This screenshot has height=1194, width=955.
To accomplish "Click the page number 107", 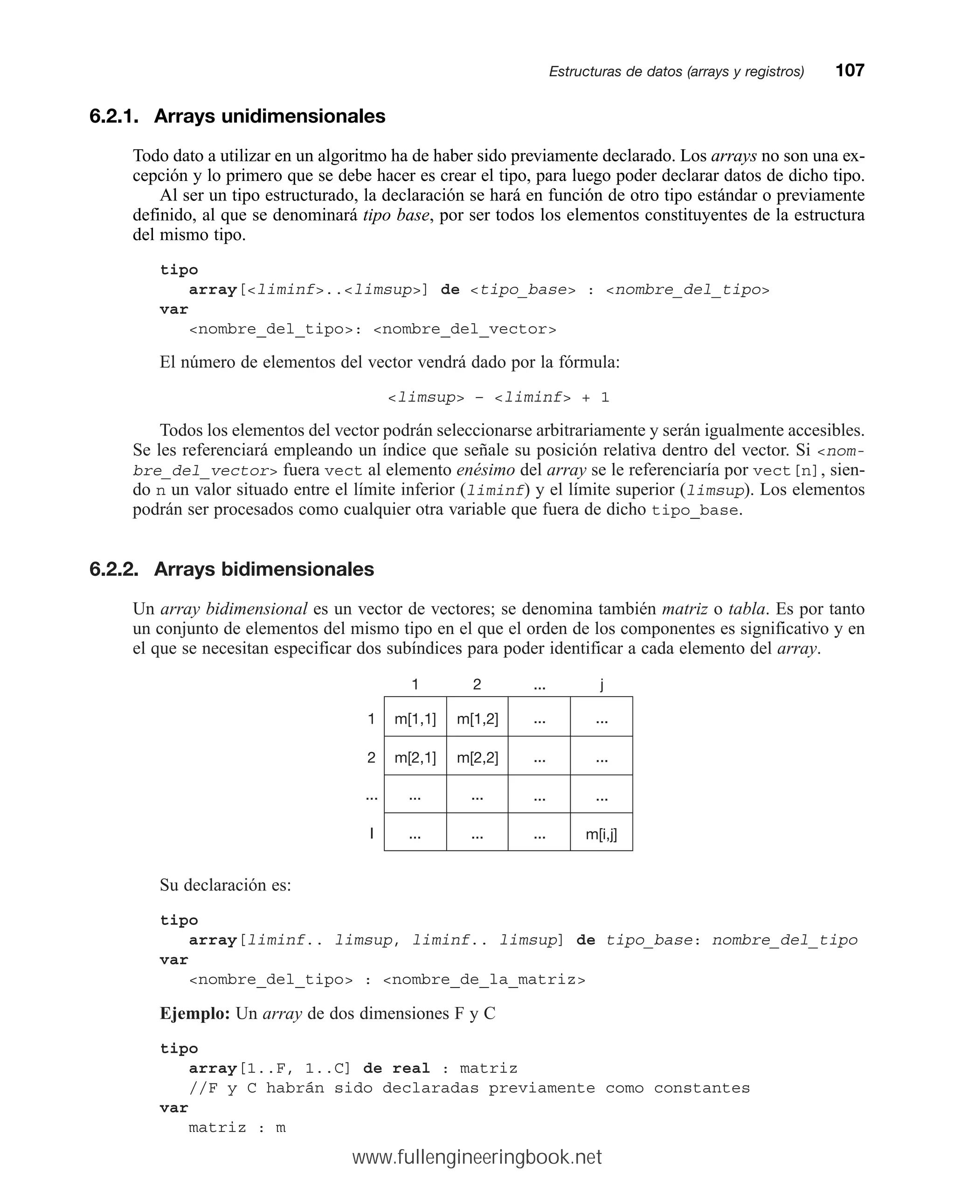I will point(849,70).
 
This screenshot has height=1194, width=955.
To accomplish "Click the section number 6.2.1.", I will point(114,116).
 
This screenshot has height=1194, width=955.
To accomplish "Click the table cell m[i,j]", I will point(601,834).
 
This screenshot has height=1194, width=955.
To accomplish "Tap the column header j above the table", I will point(602,684).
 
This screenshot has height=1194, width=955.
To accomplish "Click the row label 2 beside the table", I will point(371,758).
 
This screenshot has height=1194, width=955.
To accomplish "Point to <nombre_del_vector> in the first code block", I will point(465,330).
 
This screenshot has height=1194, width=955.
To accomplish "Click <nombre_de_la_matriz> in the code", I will point(484,980).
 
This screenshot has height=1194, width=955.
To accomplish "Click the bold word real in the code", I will point(411,1068).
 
